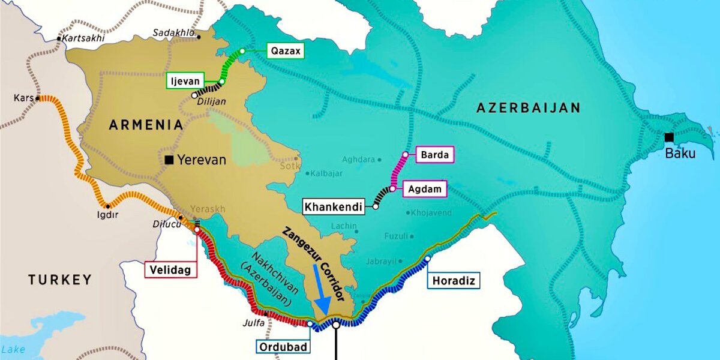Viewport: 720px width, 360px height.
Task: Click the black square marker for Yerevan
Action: (x=170, y=160)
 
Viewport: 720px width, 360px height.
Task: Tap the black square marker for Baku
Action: (x=669, y=137)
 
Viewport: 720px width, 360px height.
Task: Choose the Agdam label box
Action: (x=424, y=189)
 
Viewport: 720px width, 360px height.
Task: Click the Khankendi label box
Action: (x=334, y=207)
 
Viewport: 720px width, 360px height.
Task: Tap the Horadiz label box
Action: (x=454, y=280)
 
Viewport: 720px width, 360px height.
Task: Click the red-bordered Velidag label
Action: (x=171, y=270)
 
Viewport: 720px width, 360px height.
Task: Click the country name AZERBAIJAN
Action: (x=528, y=108)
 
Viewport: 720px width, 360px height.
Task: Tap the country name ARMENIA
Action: (x=146, y=125)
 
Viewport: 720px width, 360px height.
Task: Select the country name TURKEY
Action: (x=60, y=279)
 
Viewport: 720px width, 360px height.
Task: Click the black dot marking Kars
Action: (x=38, y=98)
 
